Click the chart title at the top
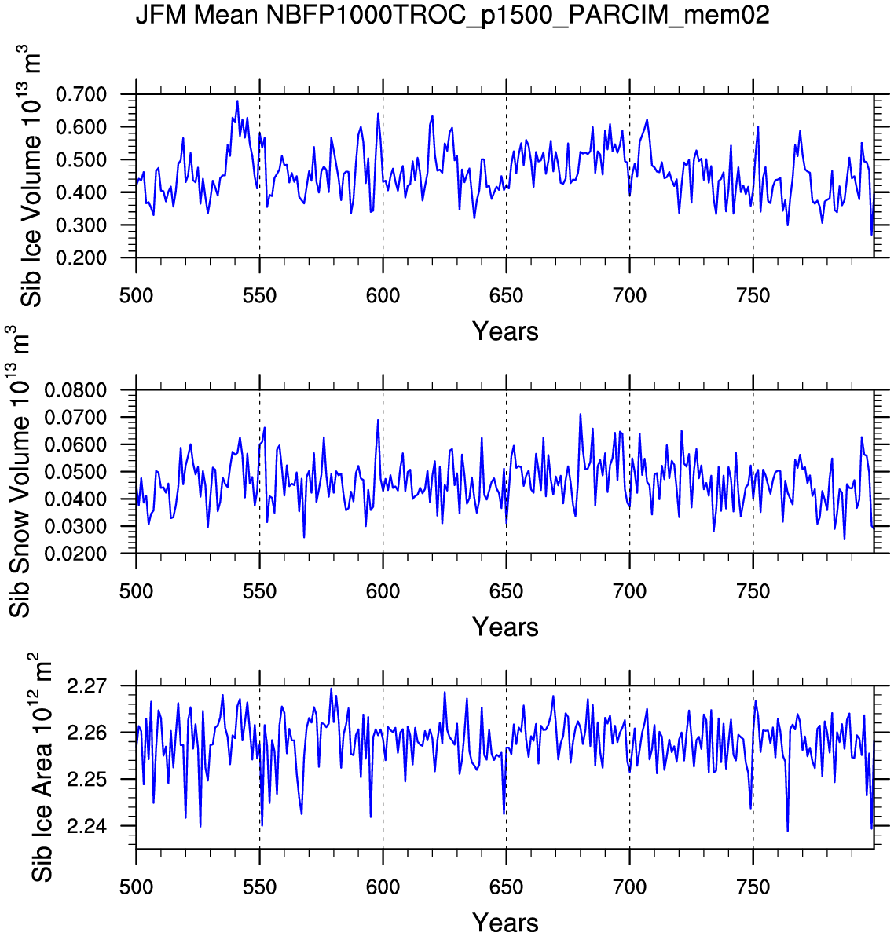[x=452, y=15]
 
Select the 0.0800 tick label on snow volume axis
[x=77, y=390]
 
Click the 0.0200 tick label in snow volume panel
[x=77, y=554]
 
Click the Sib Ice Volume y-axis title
[x=31, y=177]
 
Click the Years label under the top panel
[x=505, y=331]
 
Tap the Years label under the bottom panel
[x=505, y=923]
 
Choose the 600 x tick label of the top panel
[x=383, y=296]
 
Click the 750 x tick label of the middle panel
[x=753, y=591]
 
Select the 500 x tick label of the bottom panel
[x=136, y=887]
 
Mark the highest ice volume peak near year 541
[x=237, y=101]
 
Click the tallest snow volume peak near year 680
[x=580, y=414]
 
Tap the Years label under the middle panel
[x=505, y=627]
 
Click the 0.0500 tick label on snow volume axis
[x=77, y=472]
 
